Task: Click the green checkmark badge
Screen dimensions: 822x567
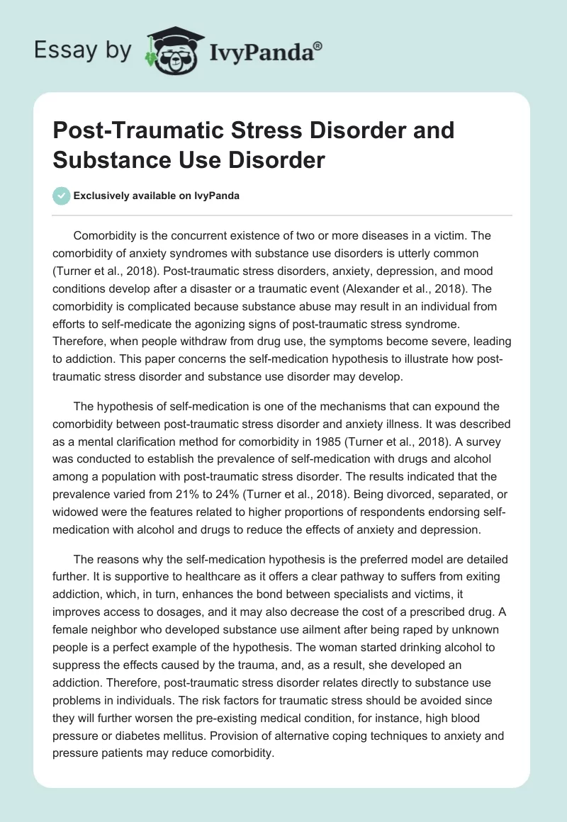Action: tap(62, 196)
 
